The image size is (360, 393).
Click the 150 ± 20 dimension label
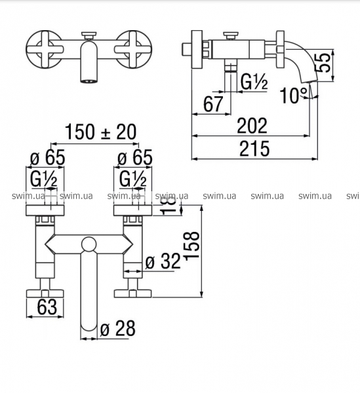[100, 132]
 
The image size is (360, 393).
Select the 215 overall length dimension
[254, 149]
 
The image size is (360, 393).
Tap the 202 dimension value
[252, 126]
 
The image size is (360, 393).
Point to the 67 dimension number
[213, 104]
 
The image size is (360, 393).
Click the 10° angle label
[294, 96]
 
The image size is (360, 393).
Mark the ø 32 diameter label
[163, 261]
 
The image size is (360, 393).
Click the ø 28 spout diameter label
[117, 328]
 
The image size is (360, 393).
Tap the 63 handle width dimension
[47, 307]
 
